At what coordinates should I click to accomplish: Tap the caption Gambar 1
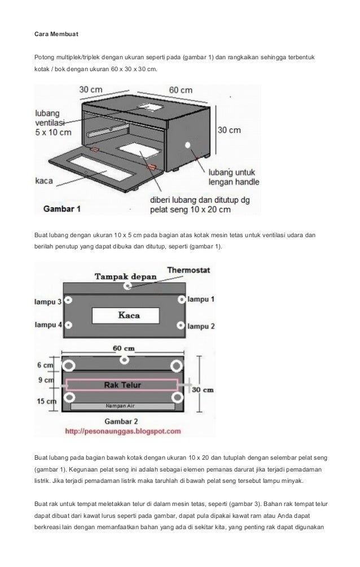63,208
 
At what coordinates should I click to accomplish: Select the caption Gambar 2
124,421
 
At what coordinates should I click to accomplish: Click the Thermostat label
188,271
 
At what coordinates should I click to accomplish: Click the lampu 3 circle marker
69,300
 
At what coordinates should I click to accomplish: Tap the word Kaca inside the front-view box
129,315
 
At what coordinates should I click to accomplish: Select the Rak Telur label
123,385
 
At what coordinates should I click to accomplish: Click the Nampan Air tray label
122,406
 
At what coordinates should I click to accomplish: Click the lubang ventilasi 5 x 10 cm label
54,121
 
